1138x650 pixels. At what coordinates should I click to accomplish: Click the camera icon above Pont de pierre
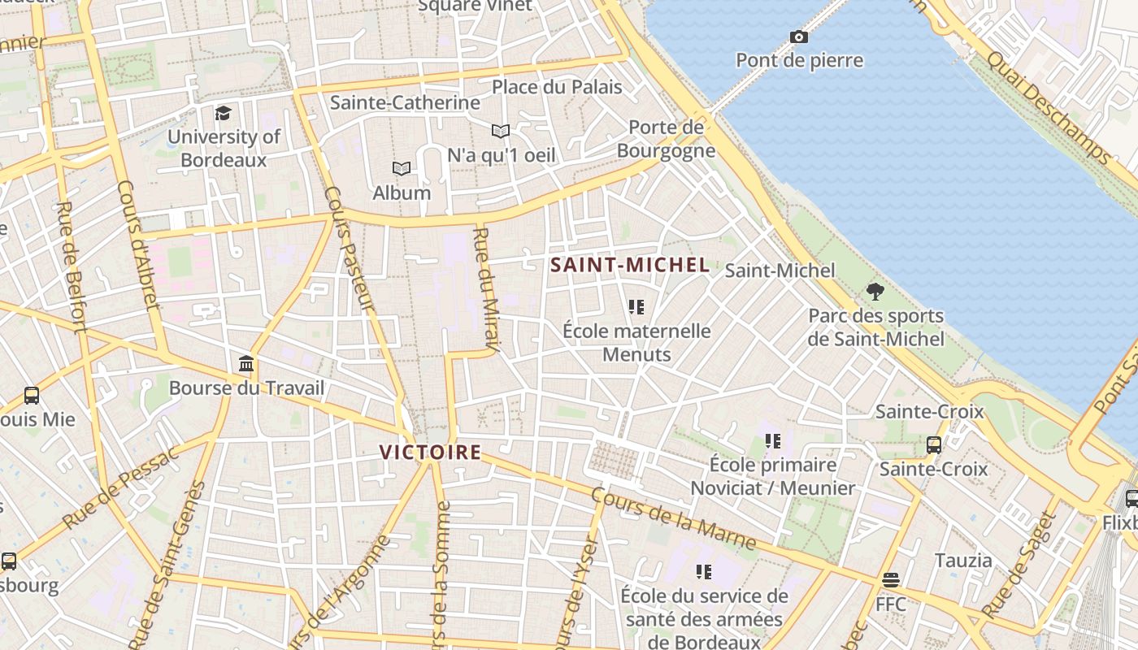coord(798,37)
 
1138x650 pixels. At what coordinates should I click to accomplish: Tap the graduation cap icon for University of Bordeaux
coord(223,113)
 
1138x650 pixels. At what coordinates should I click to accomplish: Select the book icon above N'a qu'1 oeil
coord(501,131)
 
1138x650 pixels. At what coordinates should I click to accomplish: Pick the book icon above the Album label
coord(402,168)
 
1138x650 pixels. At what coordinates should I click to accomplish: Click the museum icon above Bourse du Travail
coord(246,363)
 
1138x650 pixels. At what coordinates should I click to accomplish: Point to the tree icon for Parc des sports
coord(875,291)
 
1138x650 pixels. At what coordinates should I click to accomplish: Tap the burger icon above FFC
coord(891,580)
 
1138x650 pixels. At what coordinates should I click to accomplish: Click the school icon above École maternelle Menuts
coord(636,306)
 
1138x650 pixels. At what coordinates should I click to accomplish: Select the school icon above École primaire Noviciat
coord(772,440)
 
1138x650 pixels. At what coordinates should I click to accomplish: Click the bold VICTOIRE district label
coord(430,453)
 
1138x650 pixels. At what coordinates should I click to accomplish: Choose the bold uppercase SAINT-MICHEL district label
coord(630,265)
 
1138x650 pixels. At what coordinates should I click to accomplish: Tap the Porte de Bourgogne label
coord(666,139)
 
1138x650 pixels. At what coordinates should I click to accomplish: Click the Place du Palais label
coord(557,87)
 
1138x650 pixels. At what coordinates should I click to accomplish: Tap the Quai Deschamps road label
coord(1048,106)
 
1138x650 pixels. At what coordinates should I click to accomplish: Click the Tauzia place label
coord(963,561)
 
